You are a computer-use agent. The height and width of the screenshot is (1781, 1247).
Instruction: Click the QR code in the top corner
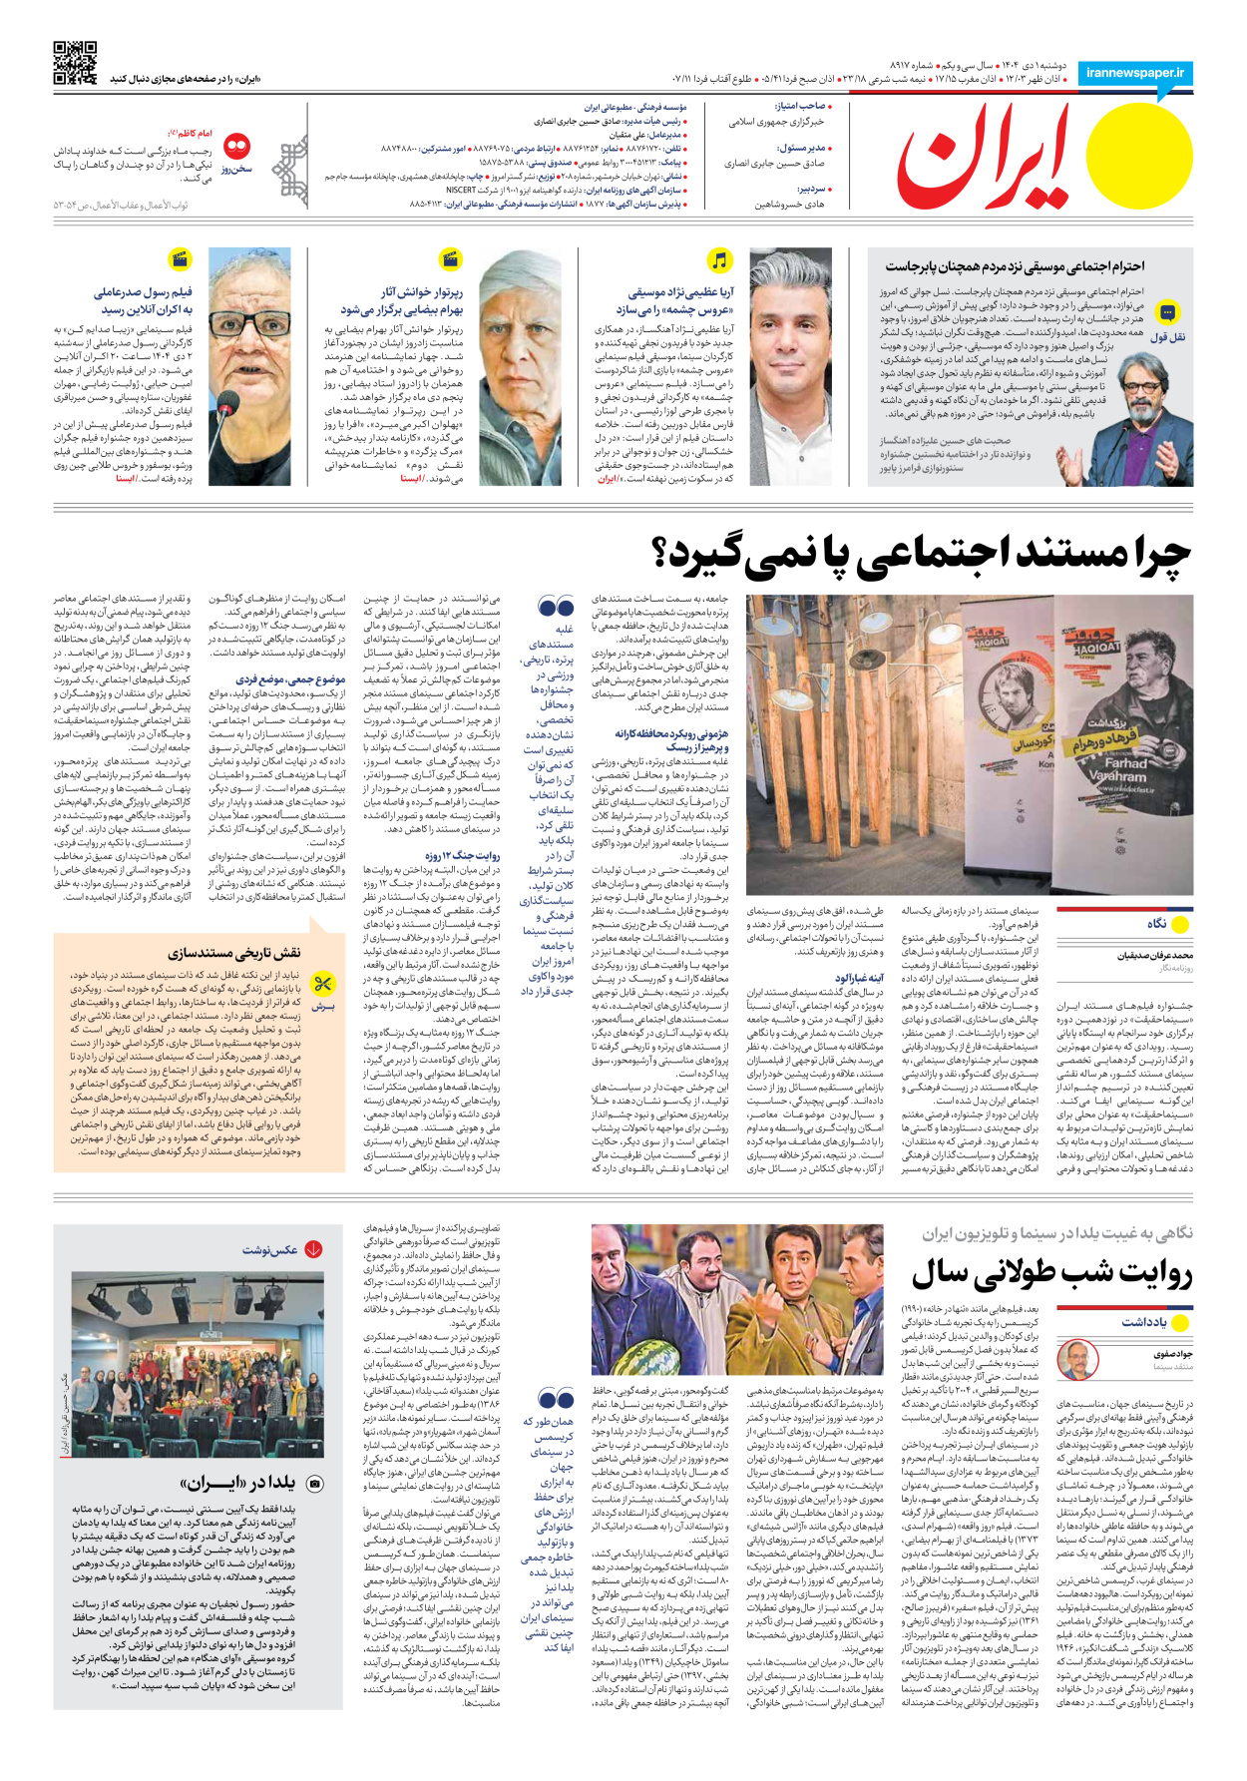coord(75,62)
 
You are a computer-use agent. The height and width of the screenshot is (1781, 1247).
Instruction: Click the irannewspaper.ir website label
coord(1135,73)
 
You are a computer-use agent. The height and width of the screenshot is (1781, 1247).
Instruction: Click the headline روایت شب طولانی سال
coord(1051,1273)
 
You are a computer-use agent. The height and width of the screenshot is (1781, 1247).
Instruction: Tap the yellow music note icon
coord(719,260)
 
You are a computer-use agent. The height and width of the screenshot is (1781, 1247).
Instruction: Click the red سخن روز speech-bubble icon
coord(236,148)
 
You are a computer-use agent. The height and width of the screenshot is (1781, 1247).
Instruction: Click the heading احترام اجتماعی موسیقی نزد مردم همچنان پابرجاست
coord(1015,266)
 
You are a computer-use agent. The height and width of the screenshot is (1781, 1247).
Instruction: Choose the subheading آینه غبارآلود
coord(859,978)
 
